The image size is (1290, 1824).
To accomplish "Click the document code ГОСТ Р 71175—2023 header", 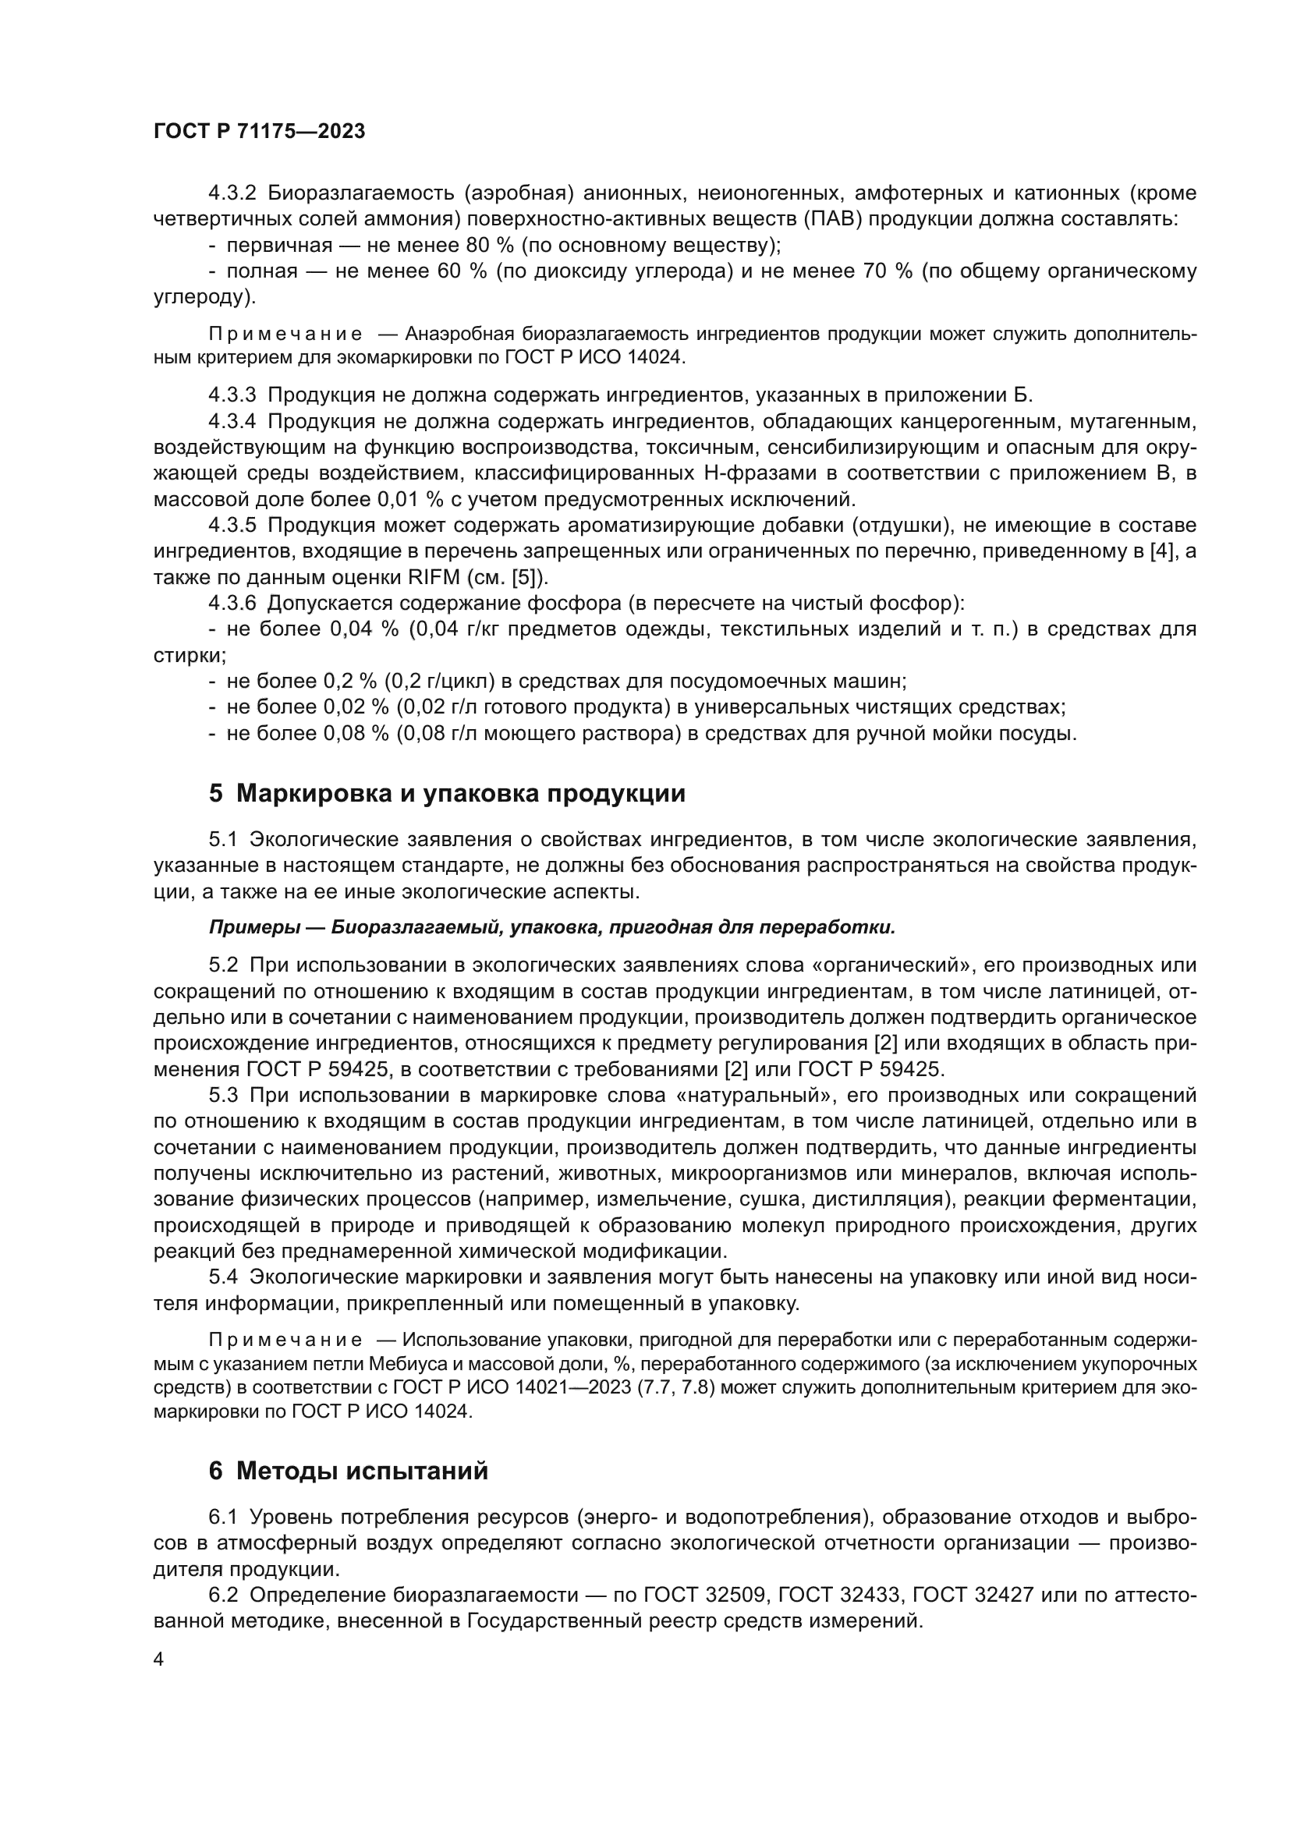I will tap(259, 132).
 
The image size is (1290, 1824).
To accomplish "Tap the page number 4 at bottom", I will tap(158, 1659).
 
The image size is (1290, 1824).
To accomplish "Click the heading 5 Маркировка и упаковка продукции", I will tap(446, 793).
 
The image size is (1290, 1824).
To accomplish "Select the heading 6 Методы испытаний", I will tap(348, 1471).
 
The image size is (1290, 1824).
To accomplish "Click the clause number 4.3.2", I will tap(232, 193).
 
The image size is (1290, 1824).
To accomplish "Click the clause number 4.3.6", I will tap(232, 603).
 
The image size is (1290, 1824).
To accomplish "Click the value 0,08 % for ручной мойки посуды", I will tap(355, 732).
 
